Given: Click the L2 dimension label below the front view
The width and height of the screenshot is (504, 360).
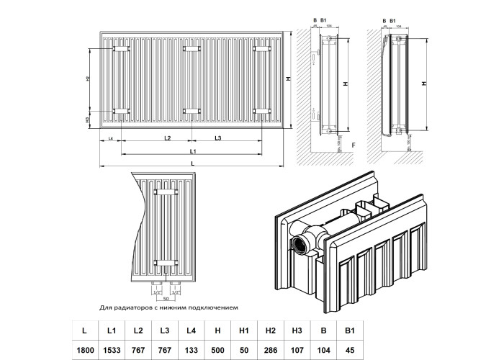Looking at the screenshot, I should pos(167,137).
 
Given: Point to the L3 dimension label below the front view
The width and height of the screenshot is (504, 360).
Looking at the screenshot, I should pos(217,137).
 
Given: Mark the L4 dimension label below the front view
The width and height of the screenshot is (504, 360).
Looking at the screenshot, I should pos(111,137).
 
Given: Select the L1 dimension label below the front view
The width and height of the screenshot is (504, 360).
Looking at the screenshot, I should pos(192,151).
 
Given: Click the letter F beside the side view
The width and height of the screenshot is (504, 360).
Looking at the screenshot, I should pos(354,146).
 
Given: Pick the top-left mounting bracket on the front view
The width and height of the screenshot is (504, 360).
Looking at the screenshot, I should pos(120,49).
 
